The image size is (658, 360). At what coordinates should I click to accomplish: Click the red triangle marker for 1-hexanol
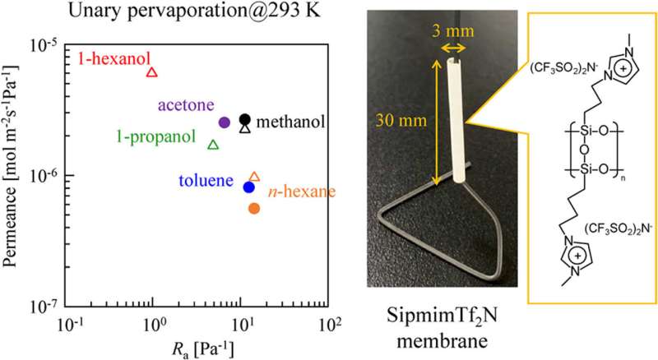pyautogui.click(x=151, y=72)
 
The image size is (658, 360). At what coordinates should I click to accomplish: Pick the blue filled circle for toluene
pyautogui.click(x=249, y=187)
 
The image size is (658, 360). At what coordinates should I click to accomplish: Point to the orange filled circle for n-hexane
pyautogui.click(x=254, y=209)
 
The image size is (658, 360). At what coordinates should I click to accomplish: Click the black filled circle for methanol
pyautogui.click(x=244, y=118)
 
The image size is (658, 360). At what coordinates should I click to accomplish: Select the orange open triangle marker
pyautogui.click(x=254, y=177)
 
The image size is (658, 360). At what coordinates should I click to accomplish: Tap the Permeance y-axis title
pyautogui.click(x=15, y=175)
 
